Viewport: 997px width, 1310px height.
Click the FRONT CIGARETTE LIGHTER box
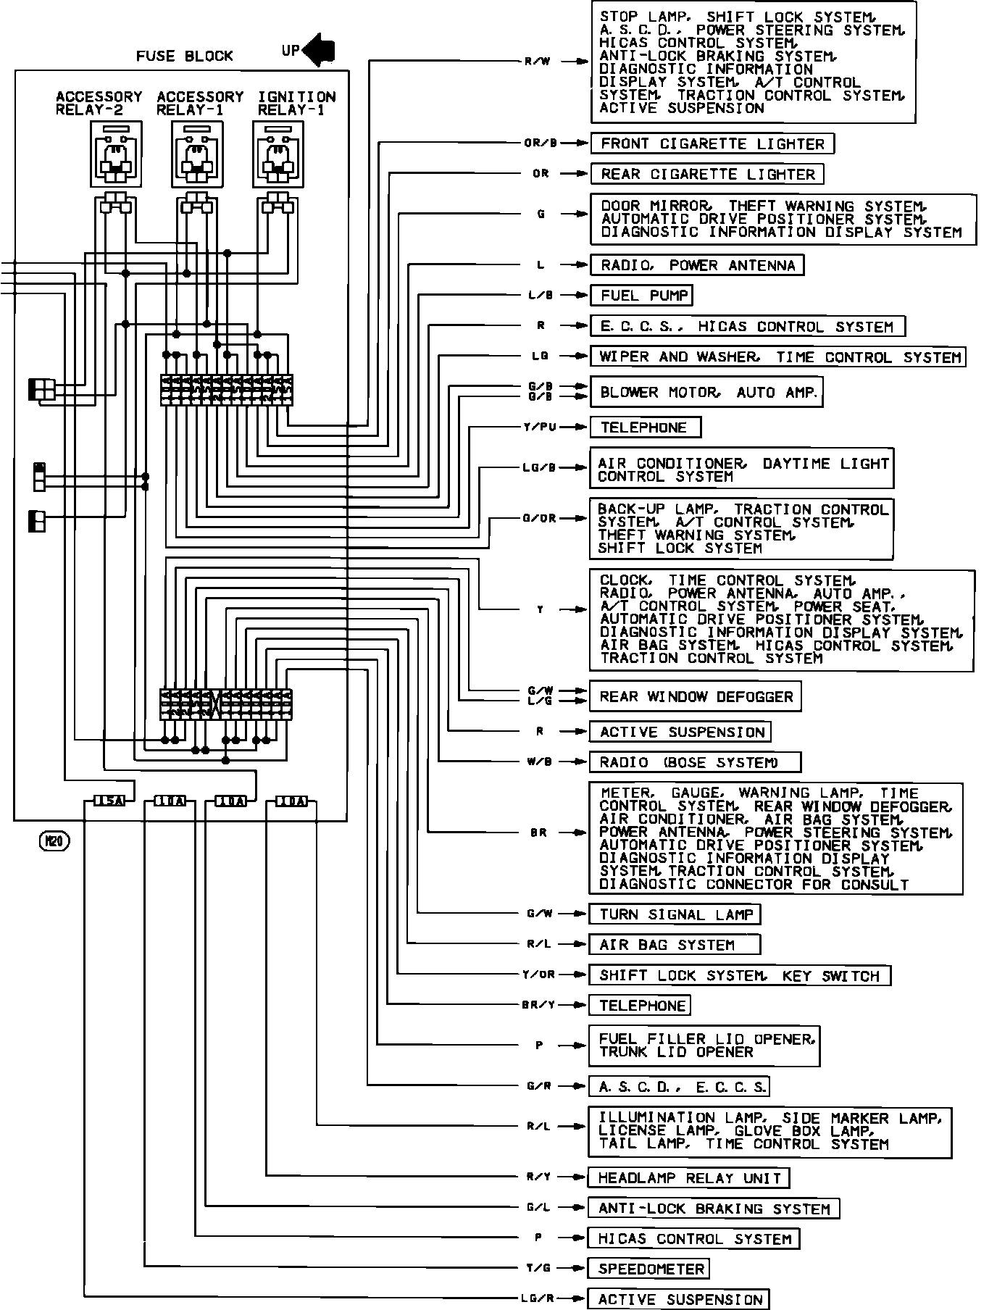712,143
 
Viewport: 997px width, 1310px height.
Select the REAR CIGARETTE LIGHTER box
707,174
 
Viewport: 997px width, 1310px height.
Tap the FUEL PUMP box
641,296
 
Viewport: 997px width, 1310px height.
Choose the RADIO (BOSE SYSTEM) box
695,762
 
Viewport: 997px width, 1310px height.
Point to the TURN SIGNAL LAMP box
675,914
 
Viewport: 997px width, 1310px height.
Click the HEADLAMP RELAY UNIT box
688,1177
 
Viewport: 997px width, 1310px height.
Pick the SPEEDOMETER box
648,1269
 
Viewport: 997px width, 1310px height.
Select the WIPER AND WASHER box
777,357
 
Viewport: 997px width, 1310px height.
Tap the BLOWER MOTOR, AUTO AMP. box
706,393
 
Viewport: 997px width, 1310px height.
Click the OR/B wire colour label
541,143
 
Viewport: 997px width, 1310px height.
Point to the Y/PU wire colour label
540,427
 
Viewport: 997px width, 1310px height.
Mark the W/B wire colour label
540,762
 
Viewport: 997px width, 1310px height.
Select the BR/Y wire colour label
538,1005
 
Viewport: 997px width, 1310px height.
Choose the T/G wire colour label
539,1269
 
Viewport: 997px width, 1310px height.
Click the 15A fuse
109,801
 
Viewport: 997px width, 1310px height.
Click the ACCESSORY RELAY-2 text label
99,103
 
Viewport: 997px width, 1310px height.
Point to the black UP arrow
319,50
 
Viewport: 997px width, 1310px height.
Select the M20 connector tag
54,841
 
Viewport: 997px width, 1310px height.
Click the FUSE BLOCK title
184,56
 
